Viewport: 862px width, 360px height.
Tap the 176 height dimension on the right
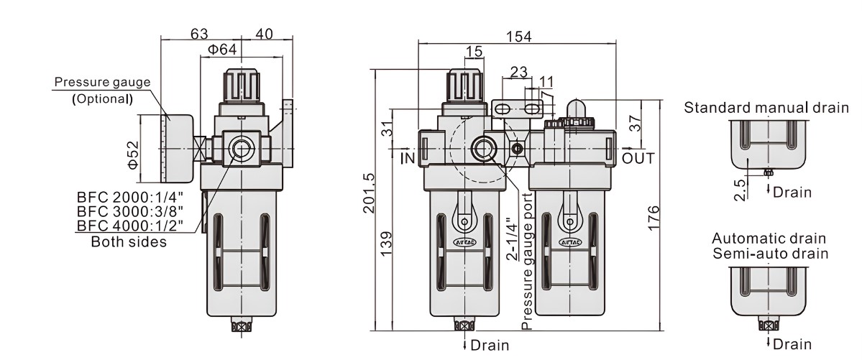point(653,218)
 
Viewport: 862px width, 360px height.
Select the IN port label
point(408,156)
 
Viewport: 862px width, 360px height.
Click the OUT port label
point(638,157)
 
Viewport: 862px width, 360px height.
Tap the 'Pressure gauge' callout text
point(103,82)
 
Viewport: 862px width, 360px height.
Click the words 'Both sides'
point(129,241)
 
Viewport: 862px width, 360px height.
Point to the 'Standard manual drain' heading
point(766,108)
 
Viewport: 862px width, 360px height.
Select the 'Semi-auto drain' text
point(770,253)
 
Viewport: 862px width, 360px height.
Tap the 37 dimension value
point(635,123)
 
